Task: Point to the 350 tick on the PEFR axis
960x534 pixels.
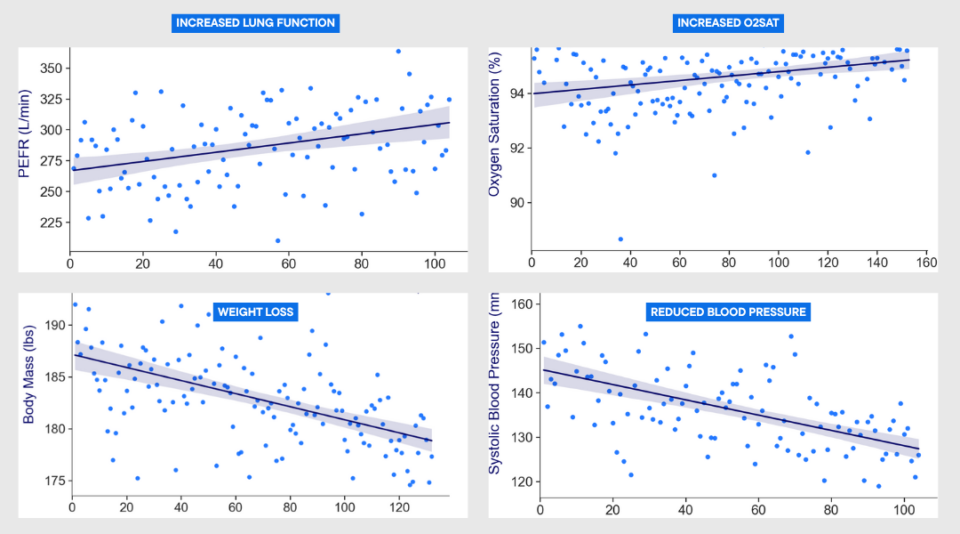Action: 51,69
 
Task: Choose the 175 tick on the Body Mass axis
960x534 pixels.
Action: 52,481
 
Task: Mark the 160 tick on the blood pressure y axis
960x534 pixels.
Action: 522,303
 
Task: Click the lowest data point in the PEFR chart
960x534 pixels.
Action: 278,240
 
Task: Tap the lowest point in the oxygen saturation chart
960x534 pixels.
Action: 620,239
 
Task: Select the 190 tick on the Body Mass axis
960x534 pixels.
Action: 52,326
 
